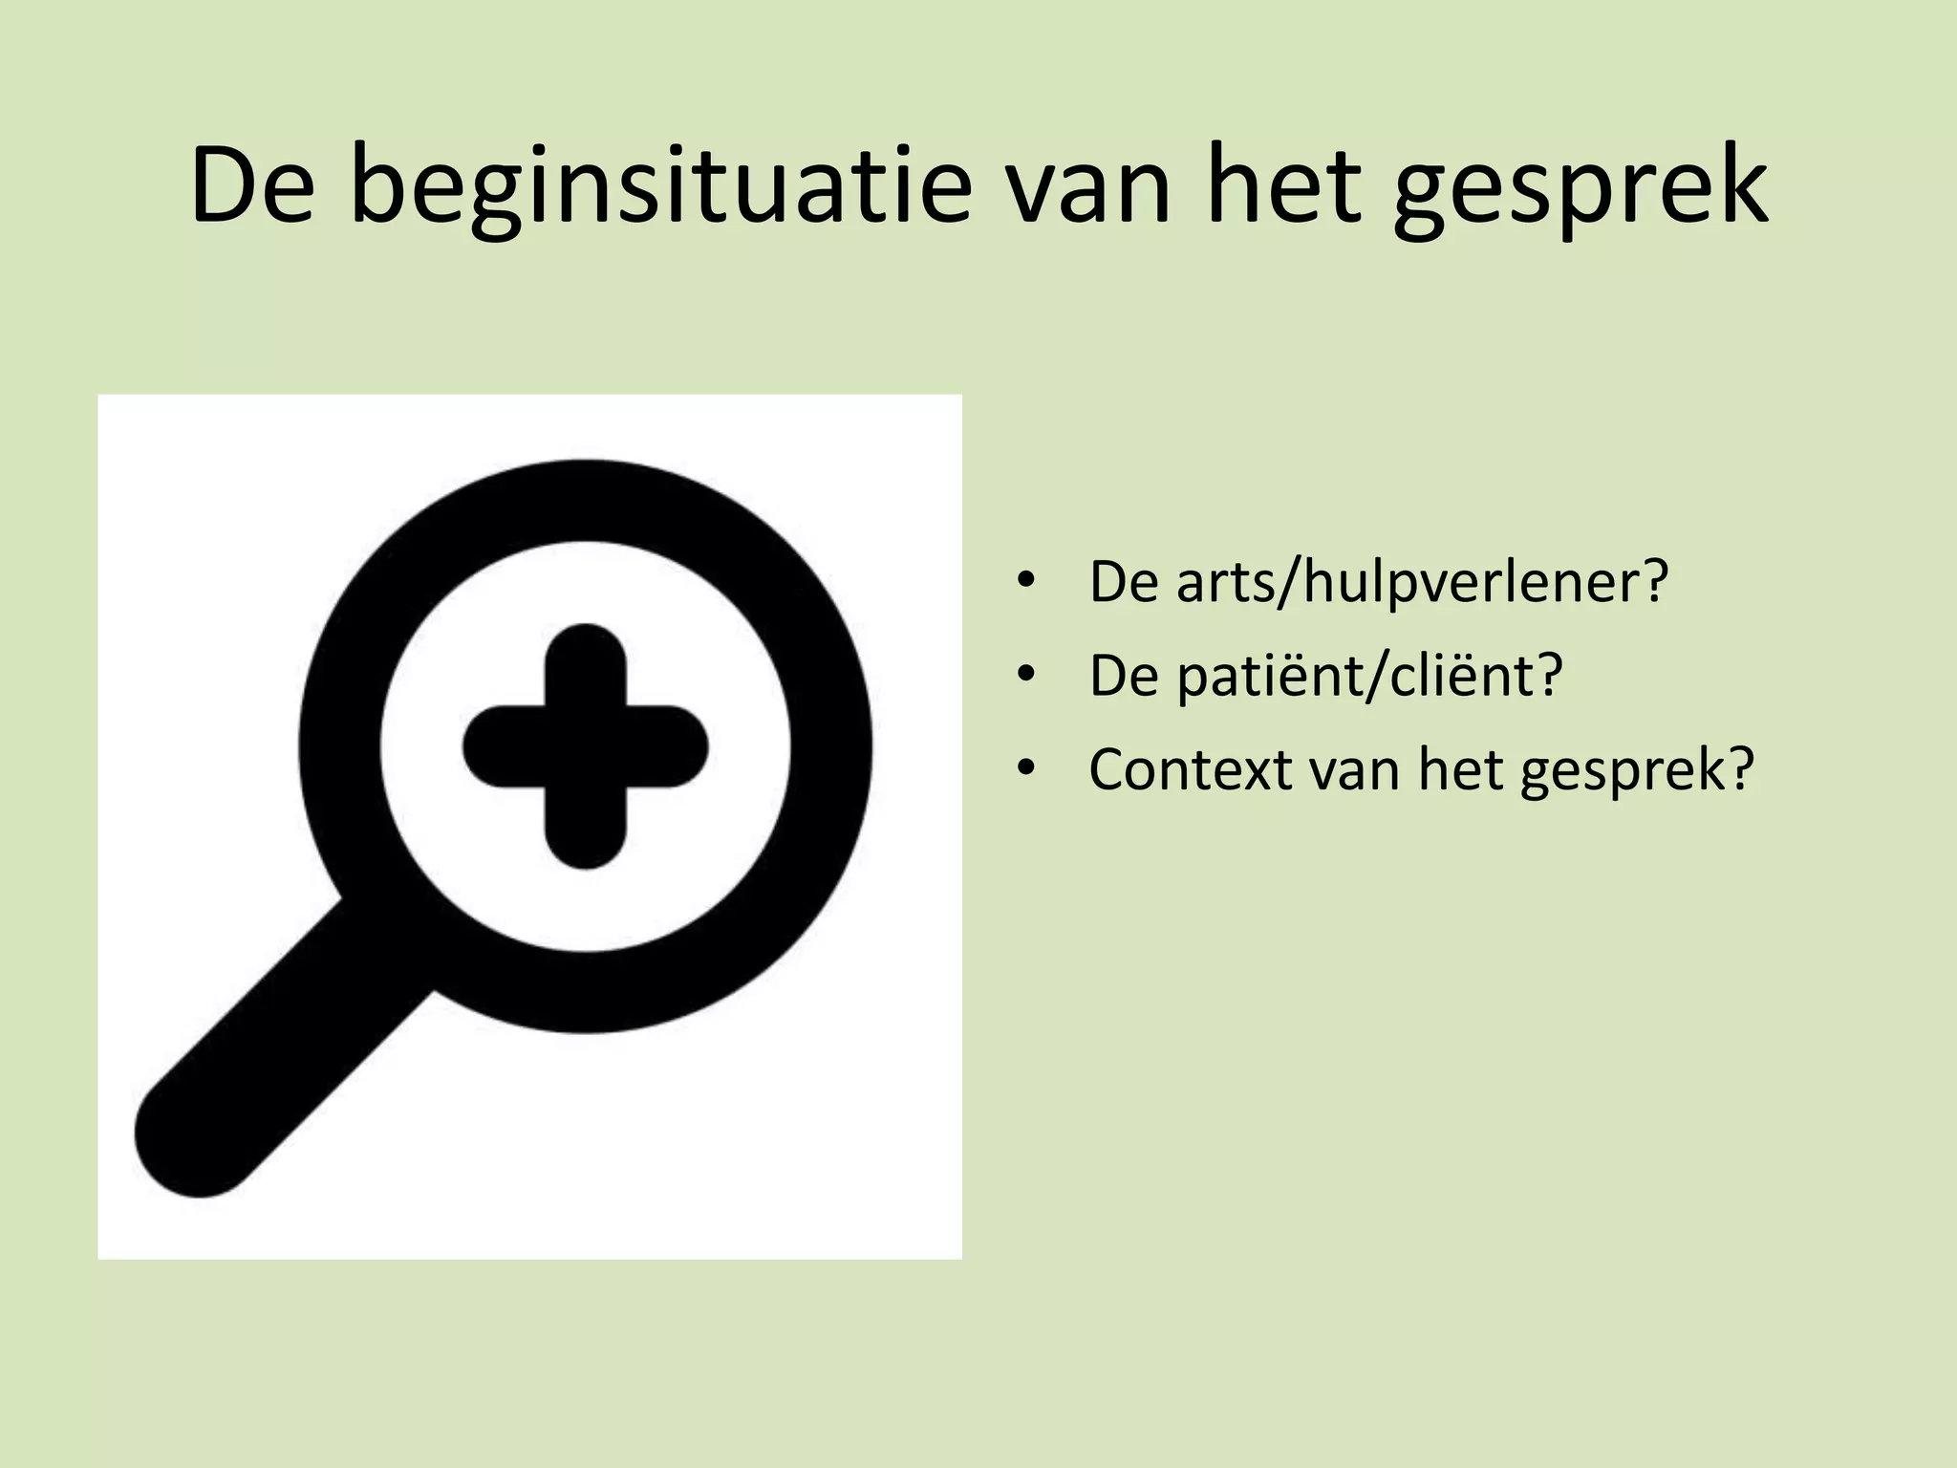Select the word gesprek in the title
click(x=1581, y=188)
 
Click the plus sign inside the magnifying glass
click(x=586, y=746)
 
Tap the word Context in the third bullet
click(x=1191, y=769)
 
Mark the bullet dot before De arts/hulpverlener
click(x=1026, y=581)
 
